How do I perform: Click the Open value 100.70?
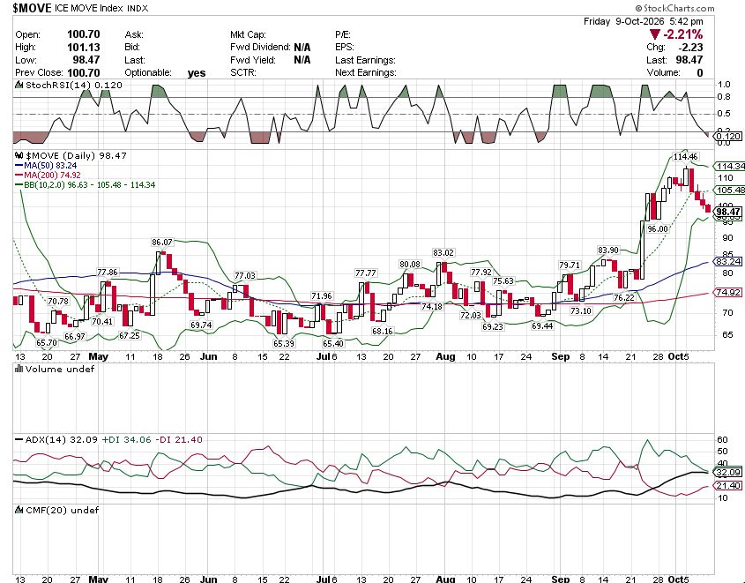pyautogui.click(x=84, y=34)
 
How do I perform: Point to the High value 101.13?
pyautogui.click(x=84, y=47)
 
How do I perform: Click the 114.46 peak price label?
pyautogui.click(x=686, y=156)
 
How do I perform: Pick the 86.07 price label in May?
pyautogui.click(x=162, y=243)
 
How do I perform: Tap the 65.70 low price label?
pyautogui.click(x=47, y=342)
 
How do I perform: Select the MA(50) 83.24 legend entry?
pyautogui.click(x=46, y=165)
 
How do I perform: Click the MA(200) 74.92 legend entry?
pyautogui.click(x=48, y=175)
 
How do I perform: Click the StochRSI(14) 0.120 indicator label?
pyautogui.click(x=69, y=85)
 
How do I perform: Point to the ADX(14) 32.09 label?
pyautogui.click(x=56, y=439)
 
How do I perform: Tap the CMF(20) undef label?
pyautogui.click(x=57, y=510)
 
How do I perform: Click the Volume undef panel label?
pyautogui.click(x=55, y=369)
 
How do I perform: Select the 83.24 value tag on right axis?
pyautogui.click(x=728, y=262)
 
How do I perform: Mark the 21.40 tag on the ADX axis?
pyautogui.click(x=728, y=485)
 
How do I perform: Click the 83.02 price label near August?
pyautogui.click(x=443, y=253)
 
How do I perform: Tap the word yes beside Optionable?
pyautogui.click(x=197, y=73)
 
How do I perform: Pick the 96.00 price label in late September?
pyautogui.click(x=658, y=229)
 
